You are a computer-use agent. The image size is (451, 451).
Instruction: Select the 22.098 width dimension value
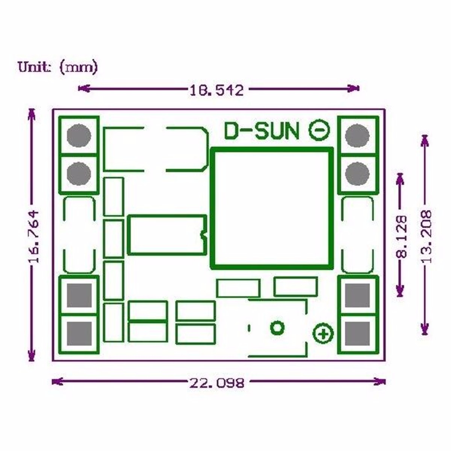tap(217, 383)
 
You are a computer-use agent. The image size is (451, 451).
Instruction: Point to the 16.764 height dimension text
tap(33, 236)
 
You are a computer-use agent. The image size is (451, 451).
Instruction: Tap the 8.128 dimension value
tap(402, 236)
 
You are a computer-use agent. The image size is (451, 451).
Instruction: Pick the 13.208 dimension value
tap(426, 236)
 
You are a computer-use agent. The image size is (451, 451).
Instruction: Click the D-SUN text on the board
tap(262, 131)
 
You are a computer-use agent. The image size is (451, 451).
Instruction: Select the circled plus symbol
tap(323, 333)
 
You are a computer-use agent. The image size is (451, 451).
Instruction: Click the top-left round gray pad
tap(79, 135)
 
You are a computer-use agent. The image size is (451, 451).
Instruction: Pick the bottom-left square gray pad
tap(79, 334)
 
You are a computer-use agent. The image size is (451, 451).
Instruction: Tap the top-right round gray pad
tap(357, 135)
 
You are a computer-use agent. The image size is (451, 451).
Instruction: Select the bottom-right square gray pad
tap(357, 334)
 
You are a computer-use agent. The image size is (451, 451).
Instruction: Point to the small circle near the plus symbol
tap(277, 327)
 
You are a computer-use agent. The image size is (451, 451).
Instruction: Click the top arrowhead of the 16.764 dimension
tap(32, 112)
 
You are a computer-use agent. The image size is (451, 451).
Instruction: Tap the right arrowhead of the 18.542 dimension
tap(356, 89)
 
